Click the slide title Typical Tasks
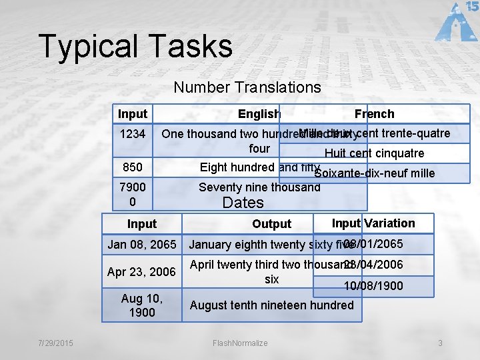pyautogui.click(x=135, y=46)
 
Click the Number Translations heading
pyautogui.click(x=247, y=87)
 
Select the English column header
pyautogui.click(x=259, y=114)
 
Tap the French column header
pyautogui.click(x=374, y=114)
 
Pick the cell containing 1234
pyautogui.click(x=132, y=134)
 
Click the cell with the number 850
pyautogui.click(x=132, y=167)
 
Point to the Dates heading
pyautogui.click(x=243, y=203)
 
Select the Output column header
pyautogui.click(x=271, y=224)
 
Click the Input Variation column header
pyautogui.click(x=373, y=223)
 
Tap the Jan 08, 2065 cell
pyautogui.click(x=141, y=245)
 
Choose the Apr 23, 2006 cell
pyautogui.click(x=141, y=272)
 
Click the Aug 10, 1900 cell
pyautogui.click(x=141, y=305)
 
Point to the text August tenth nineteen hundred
pyautogui.click(x=271, y=305)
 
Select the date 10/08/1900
pyautogui.click(x=373, y=285)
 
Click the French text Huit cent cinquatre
pyautogui.click(x=374, y=153)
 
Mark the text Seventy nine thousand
pyautogui.click(x=259, y=187)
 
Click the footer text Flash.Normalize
pyautogui.click(x=240, y=343)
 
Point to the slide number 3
pyautogui.click(x=440, y=343)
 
